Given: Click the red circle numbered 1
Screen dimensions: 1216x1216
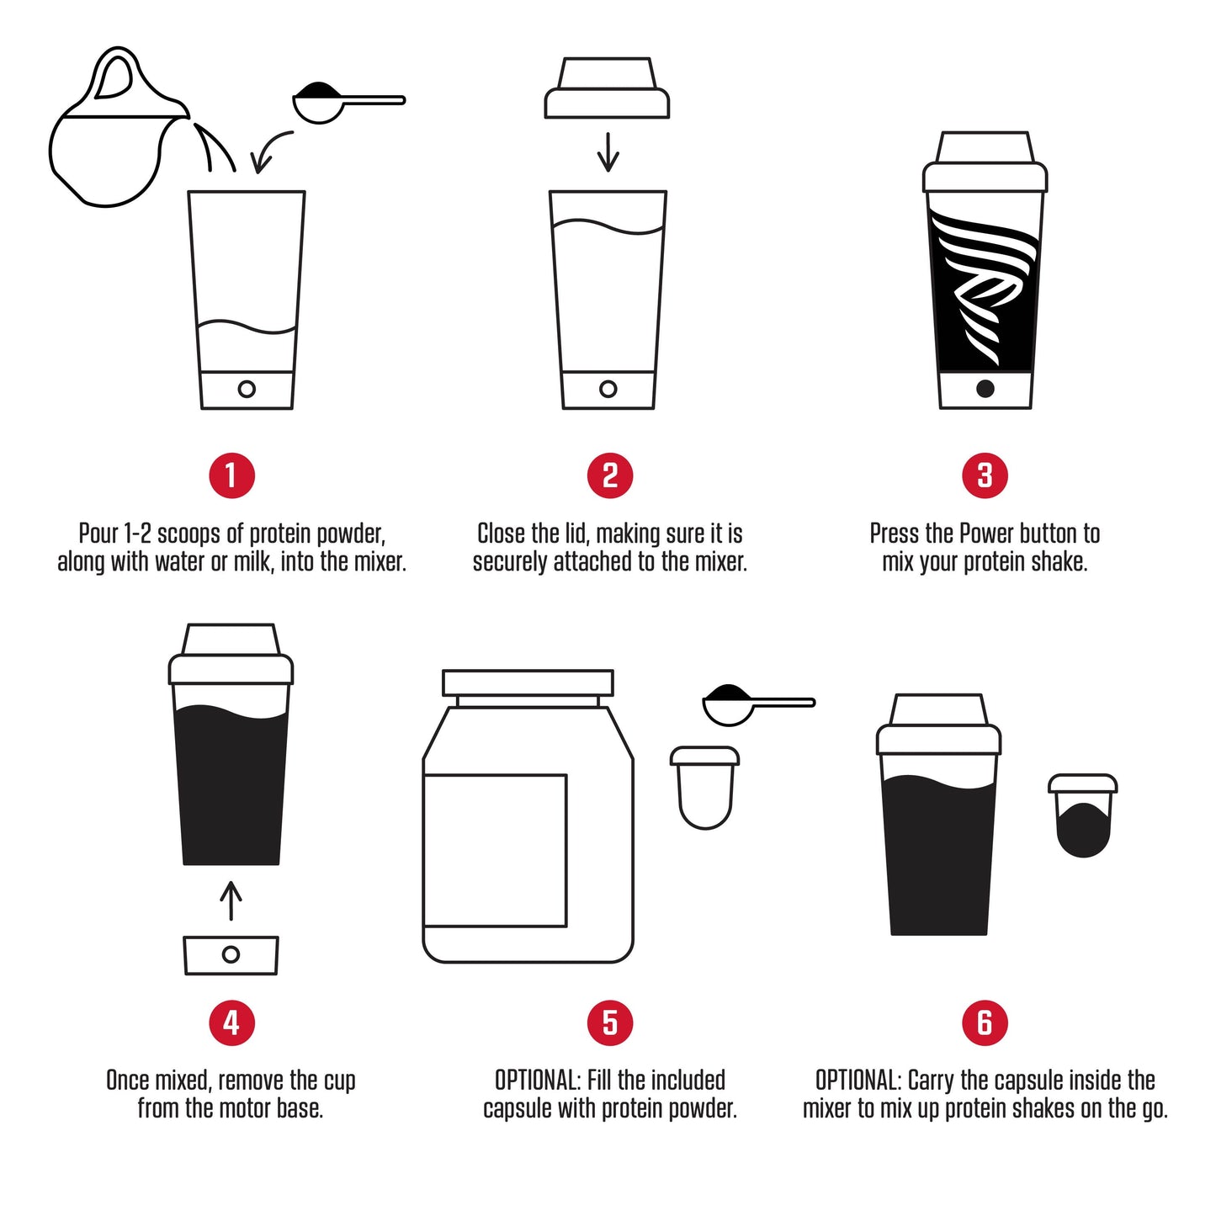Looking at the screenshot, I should pyautogui.click(x=231, y=475).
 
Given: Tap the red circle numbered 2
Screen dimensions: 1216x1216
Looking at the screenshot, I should pyautogui.click(x=609, y=475).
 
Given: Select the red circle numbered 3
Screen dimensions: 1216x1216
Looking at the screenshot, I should pyautogui.click(x=985, y=475).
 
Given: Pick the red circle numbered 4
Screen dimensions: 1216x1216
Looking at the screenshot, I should pyautogui.click(x=231, y=1023).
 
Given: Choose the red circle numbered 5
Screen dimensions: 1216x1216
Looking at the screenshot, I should pyautogui.click(x=609, y=1023).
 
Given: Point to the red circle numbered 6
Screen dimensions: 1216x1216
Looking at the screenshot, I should pyautogui.click(x=985, y=1023).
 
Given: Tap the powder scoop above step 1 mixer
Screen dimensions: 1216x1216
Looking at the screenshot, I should pyautogui.click(x=337, y=102).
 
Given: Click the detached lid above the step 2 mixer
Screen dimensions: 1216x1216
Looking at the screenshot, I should pyautogui.click(x=607, y=89).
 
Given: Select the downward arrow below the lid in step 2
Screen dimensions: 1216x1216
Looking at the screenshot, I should pyautogui.click(x=608, y=151).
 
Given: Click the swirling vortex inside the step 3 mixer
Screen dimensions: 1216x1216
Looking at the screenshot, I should pyautogui.click(x=985, y=286).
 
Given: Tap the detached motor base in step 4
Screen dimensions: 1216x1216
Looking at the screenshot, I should pyautogui.click(x=231, y=955).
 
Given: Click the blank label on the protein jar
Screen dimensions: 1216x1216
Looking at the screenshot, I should pyautogui.click(x=495, y=850).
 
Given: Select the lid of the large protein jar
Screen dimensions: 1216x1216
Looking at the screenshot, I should pyautogui.click(x=528, y=682).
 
